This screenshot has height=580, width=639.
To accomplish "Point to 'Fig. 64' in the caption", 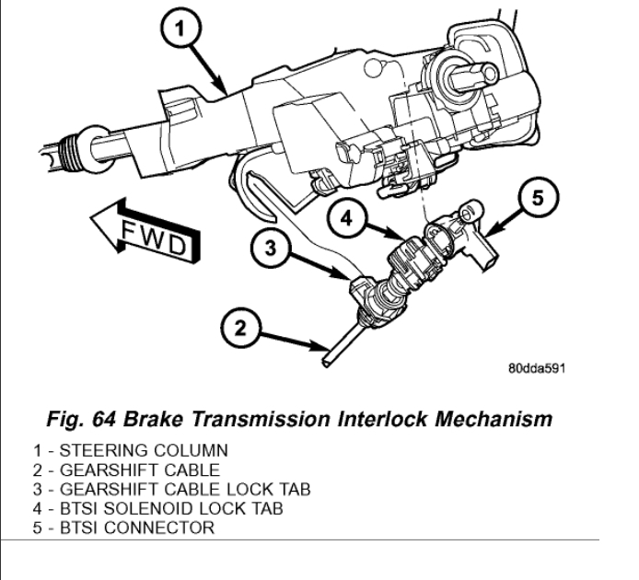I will (73, 420).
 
